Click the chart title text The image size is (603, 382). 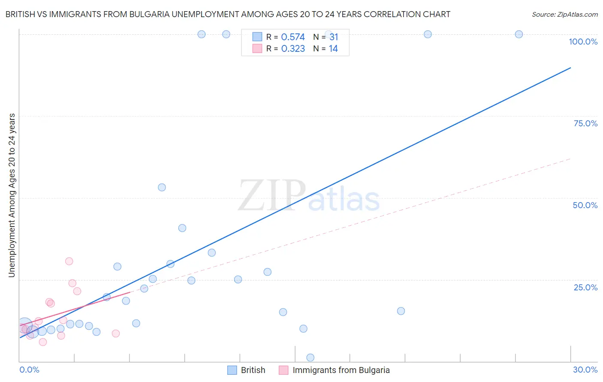(x=228, y=14)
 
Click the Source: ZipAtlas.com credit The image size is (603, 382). (x=564, y=14)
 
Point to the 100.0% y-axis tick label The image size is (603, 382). (x=583, y=42)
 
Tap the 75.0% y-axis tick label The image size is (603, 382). (x=585, y=123)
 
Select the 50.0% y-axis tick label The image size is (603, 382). (x=585, y=205)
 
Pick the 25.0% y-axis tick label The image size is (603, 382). (x=585, y=287)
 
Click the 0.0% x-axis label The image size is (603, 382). (x=29, y=370)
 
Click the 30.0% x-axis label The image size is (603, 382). (x=585, y=370)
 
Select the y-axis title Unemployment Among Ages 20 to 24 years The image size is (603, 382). (x=12, y=195)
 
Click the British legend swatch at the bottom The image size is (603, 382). (x=232, y=370)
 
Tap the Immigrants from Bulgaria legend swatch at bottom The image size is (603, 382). (x=283, y=370)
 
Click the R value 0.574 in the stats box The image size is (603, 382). (x=293, y=37)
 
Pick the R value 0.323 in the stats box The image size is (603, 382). (x=293, y=49)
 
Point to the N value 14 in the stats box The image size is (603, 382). (x=333, y=49)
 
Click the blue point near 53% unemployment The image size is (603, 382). (x=162, y=187)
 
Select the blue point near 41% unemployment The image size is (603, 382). (x=182, y=228)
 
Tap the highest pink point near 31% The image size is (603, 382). (x=69, y=261)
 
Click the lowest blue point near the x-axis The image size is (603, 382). (x=311, y=358)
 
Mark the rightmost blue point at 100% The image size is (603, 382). (x=519, y=34)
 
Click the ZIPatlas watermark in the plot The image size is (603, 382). (x=309, y=196)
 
